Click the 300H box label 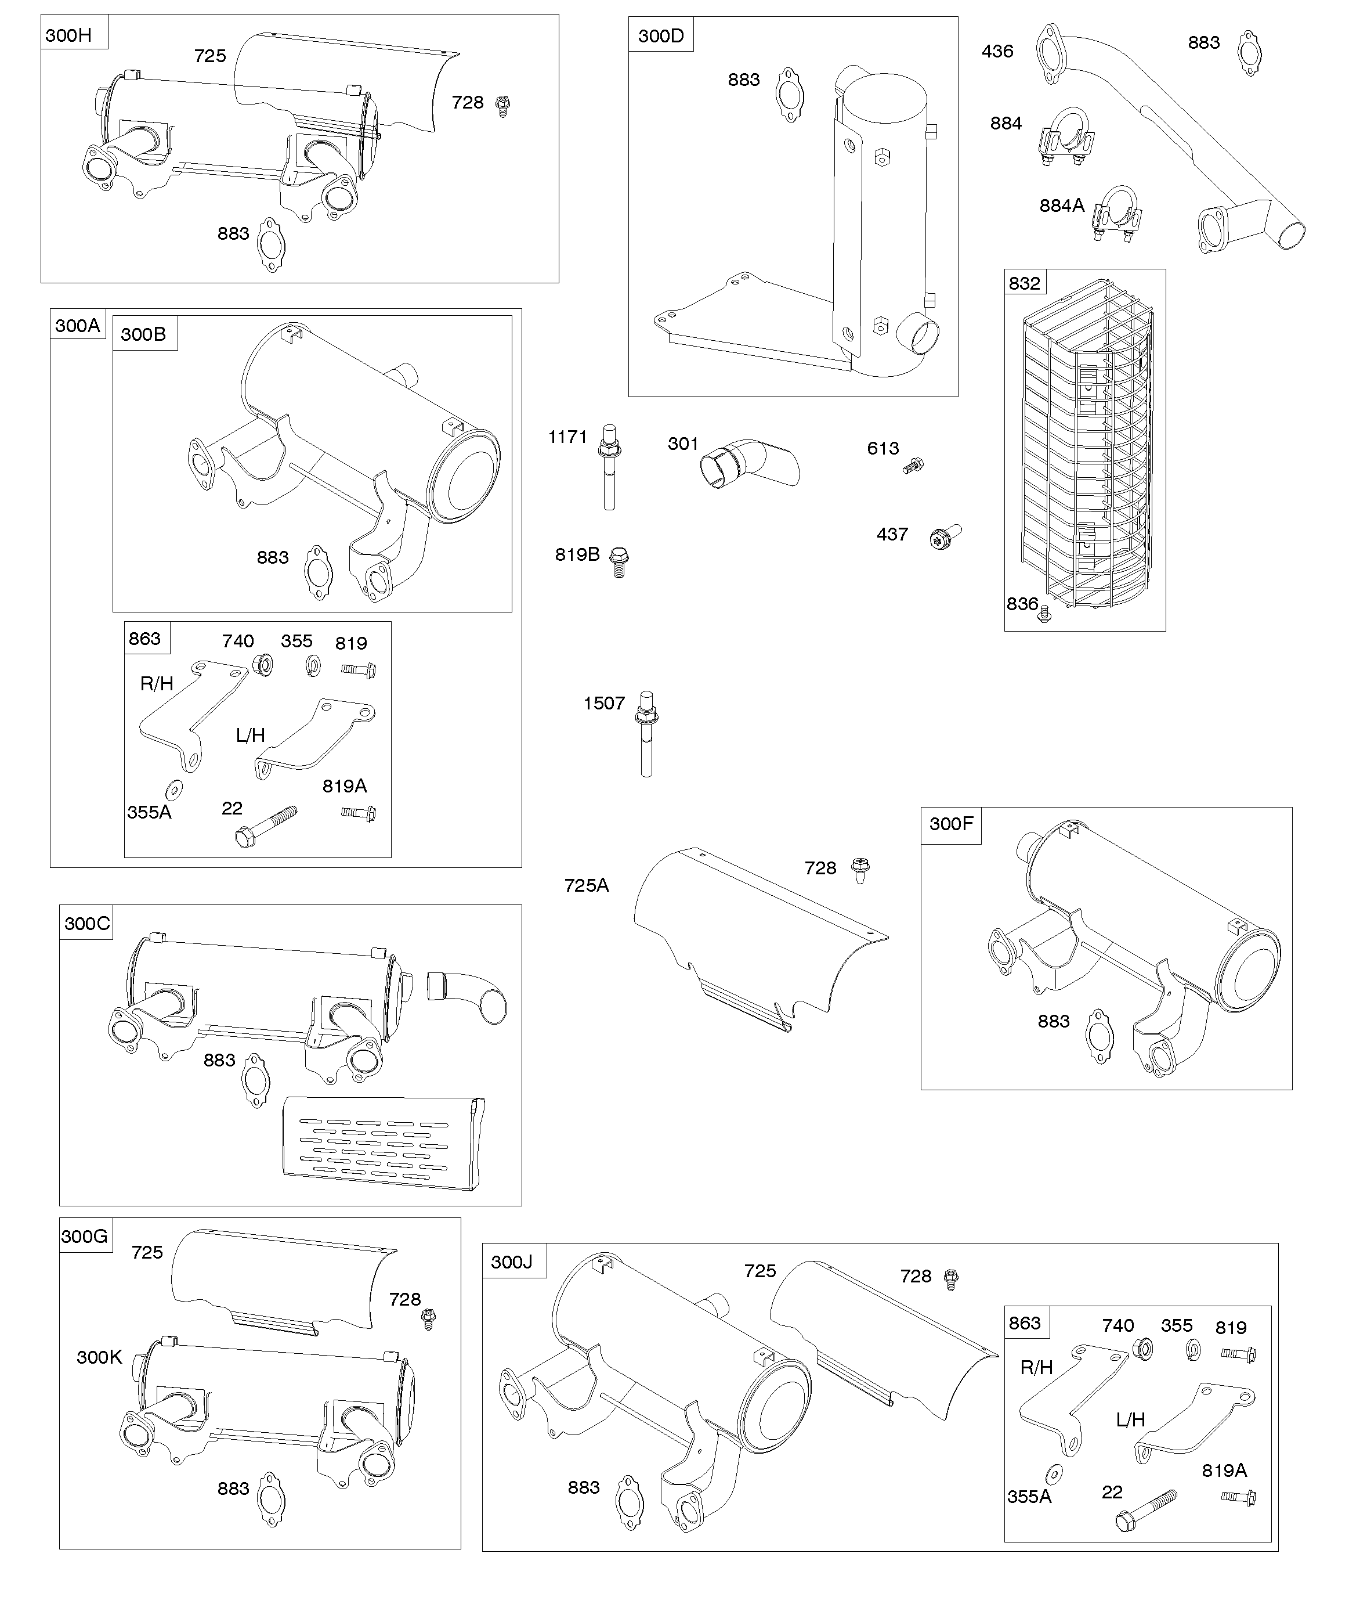[x=69, y=34]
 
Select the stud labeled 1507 [x=646, y=733]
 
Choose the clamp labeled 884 [x=1065, y=138]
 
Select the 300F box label [x=950, y=824]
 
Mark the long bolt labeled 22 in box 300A [x=266, y=826]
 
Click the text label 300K [x=99, y=1357]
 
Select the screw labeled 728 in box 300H [x=503, y=105]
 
